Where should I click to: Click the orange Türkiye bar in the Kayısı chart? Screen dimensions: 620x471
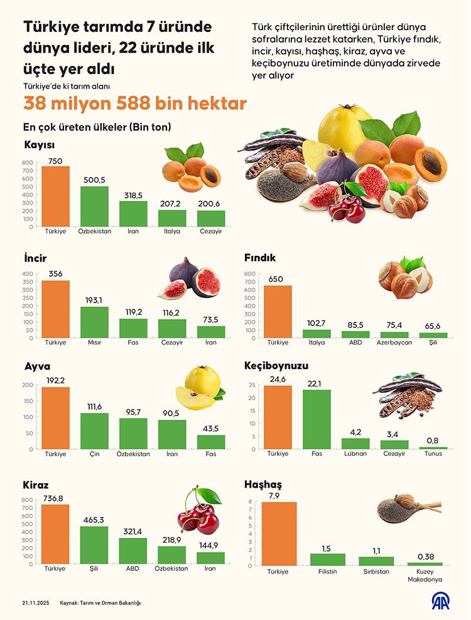coord(55,196)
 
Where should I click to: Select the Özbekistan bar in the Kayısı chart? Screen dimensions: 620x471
coord(94,206)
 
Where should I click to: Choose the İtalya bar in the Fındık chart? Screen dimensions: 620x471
coord(317,334)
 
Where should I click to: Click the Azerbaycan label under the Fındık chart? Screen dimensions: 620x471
coord(394,343)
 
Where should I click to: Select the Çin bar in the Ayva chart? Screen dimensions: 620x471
coord(94,431)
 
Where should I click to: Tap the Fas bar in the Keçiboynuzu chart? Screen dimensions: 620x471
coord(317,419)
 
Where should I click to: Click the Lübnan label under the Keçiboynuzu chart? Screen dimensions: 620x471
coord(355,454)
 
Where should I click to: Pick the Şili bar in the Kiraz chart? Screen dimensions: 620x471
coord(94,546)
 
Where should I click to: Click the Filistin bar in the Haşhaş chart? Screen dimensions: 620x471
coord(328,560)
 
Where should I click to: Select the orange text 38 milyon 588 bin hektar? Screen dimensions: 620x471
coord(135,103)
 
